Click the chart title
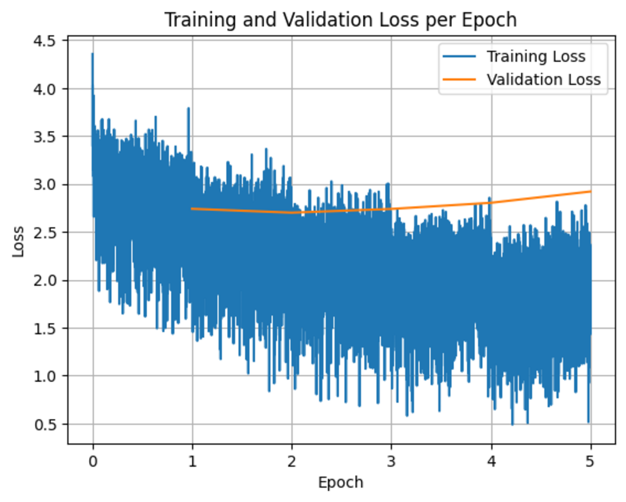[x=340, y=20]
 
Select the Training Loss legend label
[x=536, y=56]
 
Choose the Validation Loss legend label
[x=544, y=79]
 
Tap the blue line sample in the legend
[x=459, y=56]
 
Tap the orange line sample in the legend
[x=459, y=79]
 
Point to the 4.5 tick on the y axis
[x=44, y=41]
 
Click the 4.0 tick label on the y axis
[x=44, y=89]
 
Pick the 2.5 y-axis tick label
[x=44, y=232]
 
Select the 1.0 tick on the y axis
[x=44, y=376]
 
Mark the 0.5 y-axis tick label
[x=44, y=424]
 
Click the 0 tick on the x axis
[x=93, y=462]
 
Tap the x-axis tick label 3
[x=391, y=462]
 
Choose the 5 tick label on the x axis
[x=590, y=462]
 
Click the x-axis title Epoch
[x=340, y=482]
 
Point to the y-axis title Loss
[x=18, y=241]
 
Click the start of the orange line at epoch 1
[x=192, y=208]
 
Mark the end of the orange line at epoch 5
[x=590, y=192]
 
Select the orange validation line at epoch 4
[x=491, y=203]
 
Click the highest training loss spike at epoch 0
[x=92, y=54]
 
